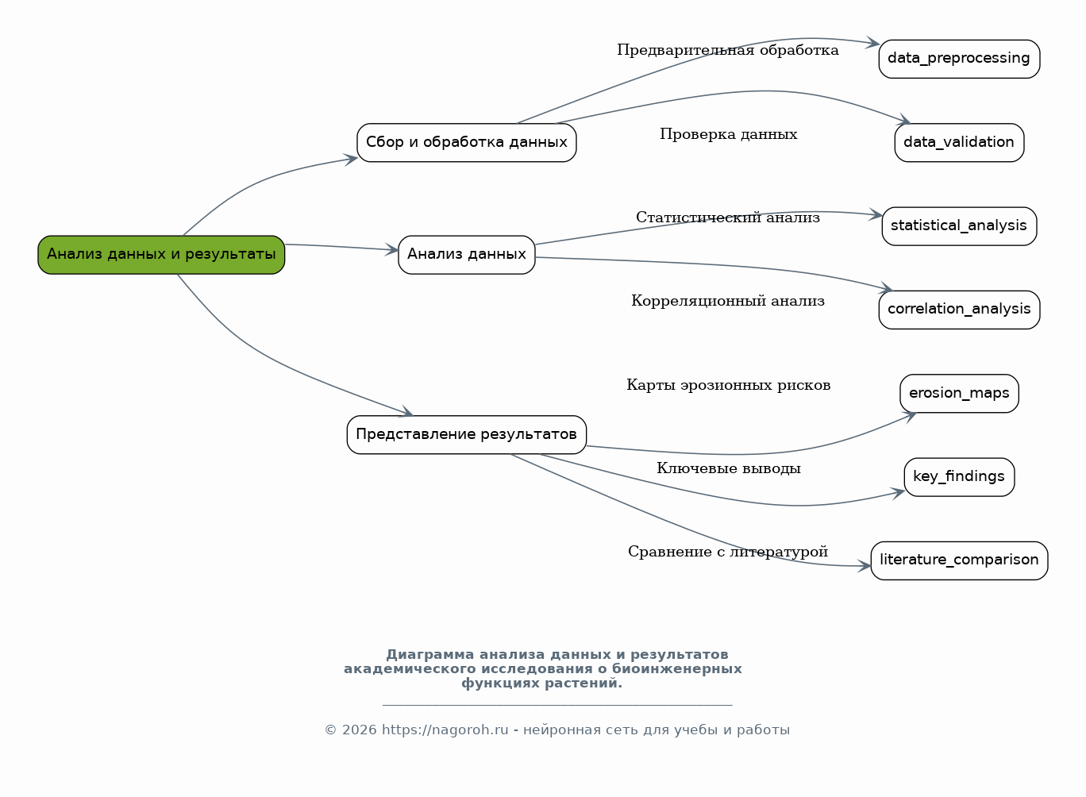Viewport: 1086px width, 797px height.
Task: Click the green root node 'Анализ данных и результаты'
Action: coord(161,255)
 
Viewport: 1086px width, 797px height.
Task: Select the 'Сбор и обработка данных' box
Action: coord(467,143)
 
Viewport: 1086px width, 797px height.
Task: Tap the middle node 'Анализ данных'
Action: coord(467,255)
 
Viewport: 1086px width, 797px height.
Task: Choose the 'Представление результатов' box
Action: coord(467,435)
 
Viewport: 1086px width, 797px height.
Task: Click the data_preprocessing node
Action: coord(959,60)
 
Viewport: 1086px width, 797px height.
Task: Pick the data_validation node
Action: coord(959,143)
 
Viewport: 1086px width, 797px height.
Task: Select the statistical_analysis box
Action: coord(959,226)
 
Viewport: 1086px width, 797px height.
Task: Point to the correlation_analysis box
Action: coord(959,310)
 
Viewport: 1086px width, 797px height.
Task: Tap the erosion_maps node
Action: coord(959,394)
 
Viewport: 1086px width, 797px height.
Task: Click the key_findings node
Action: coord(959,477)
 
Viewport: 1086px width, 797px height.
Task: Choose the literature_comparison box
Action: coord(959,561)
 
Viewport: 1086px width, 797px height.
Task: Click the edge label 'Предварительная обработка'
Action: coord(728,51)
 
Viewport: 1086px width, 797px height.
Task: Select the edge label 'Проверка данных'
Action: coord(728,134)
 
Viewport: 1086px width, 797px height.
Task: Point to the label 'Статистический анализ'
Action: coord(728,218)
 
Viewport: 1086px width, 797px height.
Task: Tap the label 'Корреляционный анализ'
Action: coord(728,301)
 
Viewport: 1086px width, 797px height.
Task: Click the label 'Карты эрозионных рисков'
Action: coord(728,385)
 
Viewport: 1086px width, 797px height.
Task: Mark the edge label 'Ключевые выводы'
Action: coord(728,468)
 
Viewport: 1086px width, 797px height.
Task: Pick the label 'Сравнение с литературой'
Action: coord(728,552)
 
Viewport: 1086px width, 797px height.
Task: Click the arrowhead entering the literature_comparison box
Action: coord(864,566)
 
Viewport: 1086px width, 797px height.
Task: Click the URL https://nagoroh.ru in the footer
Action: coord(445,730)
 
